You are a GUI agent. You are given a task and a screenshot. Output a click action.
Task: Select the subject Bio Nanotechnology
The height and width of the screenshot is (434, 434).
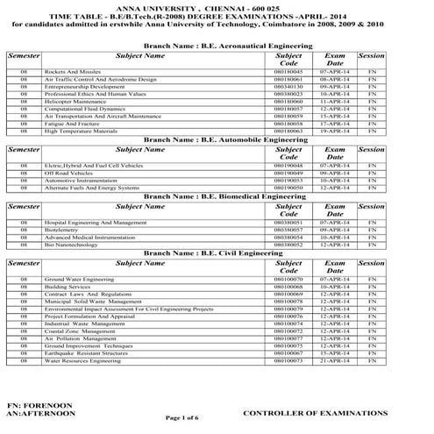(72, 245)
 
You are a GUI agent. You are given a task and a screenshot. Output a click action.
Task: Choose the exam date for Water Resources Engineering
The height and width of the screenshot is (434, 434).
(335, 360)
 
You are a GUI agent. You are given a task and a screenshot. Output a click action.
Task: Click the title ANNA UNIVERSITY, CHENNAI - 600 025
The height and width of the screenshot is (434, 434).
(217, 5)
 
